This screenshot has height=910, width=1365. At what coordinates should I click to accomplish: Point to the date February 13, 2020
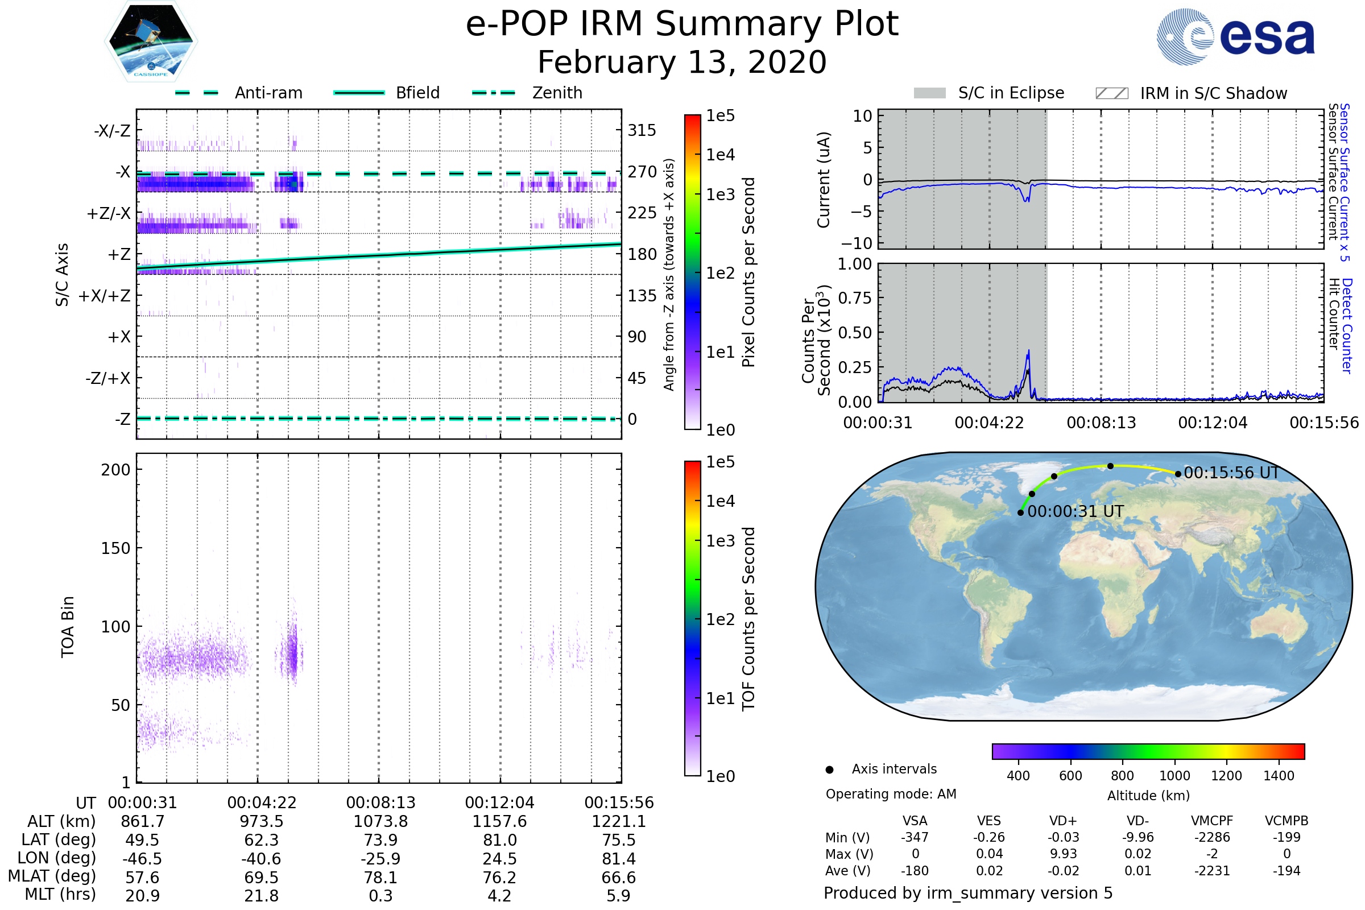[x=682, y=63]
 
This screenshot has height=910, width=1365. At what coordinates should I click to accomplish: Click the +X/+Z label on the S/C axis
[x=105, y=296]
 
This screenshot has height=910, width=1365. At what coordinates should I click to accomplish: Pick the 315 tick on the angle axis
[x=642, y=131]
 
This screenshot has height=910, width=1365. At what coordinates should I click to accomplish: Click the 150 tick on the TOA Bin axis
[x=115, y=548]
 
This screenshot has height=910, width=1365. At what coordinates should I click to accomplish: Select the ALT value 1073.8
[x=380, y=822]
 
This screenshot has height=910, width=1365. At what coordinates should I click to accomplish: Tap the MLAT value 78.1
[x=380, y=878]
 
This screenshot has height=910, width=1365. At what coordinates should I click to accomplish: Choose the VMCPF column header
[x=1212, y=821]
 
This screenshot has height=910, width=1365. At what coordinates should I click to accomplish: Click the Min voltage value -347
[x=915, y=837]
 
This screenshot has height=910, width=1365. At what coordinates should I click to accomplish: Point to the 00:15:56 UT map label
[x=1231, y=473]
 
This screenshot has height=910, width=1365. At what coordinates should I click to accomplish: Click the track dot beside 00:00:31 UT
[x=1020, y=512]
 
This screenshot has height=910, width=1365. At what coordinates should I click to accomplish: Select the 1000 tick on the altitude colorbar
[x=1174, y=776]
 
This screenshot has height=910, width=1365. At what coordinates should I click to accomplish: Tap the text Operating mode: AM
[x=891, y=794]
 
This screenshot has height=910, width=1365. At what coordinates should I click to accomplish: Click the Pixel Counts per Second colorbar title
[x=748, y=272]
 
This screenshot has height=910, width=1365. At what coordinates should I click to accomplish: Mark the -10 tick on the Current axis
[x=857, y=243]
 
